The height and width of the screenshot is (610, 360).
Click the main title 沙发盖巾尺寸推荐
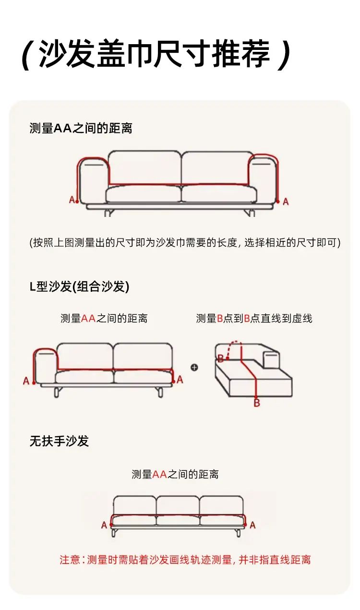[x=155, y=54]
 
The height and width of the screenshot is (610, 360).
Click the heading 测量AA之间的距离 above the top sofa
[x=81, y=128]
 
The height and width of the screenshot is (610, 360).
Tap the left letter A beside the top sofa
[x=72, y=200]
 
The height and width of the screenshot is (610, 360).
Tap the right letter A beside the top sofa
[x=286, y=202]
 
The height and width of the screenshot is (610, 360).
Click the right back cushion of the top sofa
[x=217, y=167]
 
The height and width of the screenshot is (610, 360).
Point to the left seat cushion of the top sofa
[x=144, y=194]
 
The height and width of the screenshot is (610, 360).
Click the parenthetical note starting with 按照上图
[x=185, y=242]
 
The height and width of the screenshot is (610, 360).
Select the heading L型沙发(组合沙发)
[x=79, y=287]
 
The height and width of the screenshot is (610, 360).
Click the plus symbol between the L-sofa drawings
[x=194, y=367]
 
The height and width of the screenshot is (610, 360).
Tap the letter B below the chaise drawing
[x=257, y=403]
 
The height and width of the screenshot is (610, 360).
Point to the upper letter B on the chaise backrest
[x=221, y=359]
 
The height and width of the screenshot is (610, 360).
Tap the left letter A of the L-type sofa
[x=26, y=381]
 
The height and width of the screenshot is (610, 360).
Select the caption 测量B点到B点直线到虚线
[x=254, y=318]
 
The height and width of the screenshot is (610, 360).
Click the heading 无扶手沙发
[x=59, y=441]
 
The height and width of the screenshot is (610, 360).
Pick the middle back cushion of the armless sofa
[x=178, y=506]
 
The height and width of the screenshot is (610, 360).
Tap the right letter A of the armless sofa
[x=252, y=525]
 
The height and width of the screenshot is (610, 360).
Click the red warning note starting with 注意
[x=185, y=560]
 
